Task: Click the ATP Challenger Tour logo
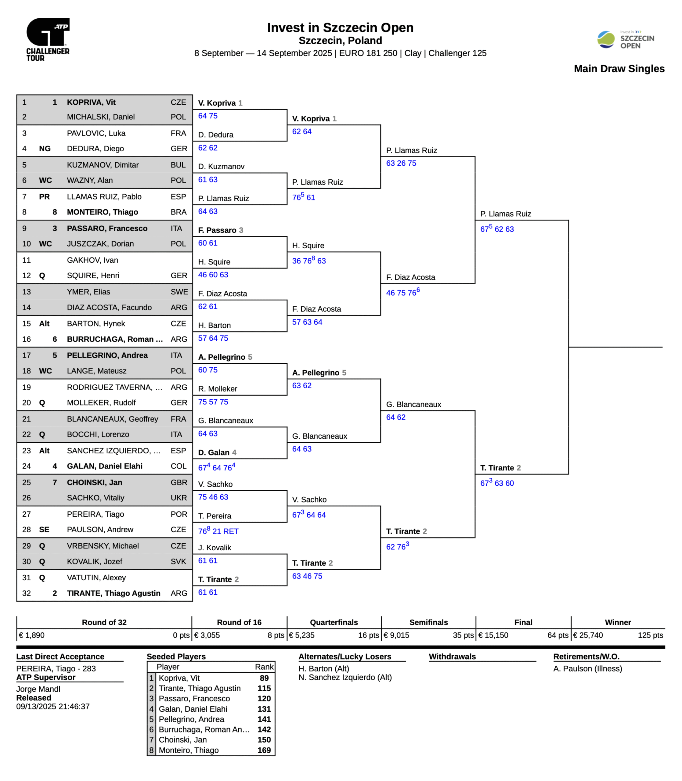click(x=48, y=39)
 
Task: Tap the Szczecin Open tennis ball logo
click(x=606, y=40)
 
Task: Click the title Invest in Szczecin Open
click(x=340, y=28)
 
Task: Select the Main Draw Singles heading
click(x=619, y=69)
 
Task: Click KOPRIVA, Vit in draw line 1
click(x=91, y=102)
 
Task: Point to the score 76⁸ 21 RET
click(x=218, y=531)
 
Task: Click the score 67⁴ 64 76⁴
click(x=217, y=467)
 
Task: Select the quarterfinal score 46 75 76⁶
click(x=403, y=293)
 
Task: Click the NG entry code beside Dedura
click(x=45, y=149)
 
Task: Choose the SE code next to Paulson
click(x=44, y=530)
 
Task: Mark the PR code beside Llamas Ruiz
click(x=44, y=197)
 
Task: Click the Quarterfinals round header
click(x=334, y=622)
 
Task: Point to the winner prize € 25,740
click(x=588, y=635)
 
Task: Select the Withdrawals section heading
click(x=452, y=657)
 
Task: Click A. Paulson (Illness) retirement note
click(x=587, y=669)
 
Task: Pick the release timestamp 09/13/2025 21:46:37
click(x=53, y=707)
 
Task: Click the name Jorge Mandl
click(x=38, y=689)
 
